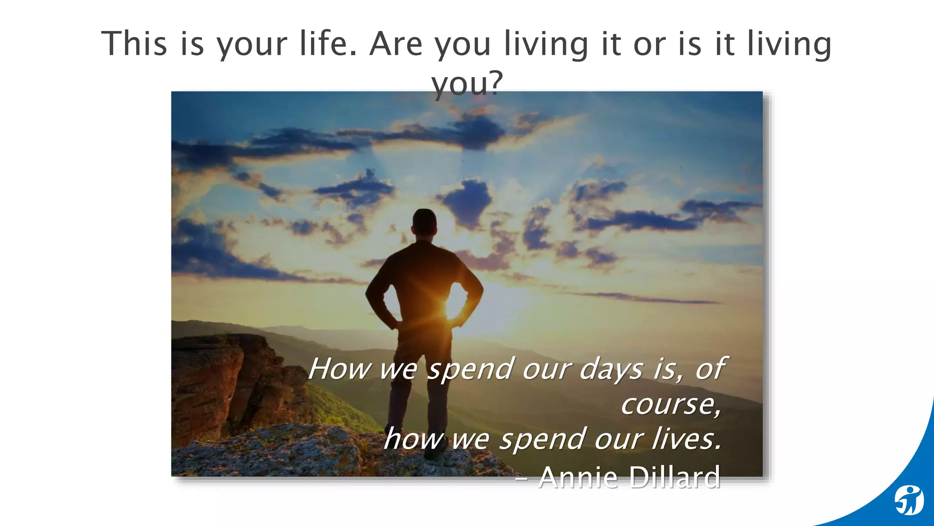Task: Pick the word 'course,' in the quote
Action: coord(671,404)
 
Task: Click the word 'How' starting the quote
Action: coord(338,369)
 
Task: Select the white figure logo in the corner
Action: coord(908,500)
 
